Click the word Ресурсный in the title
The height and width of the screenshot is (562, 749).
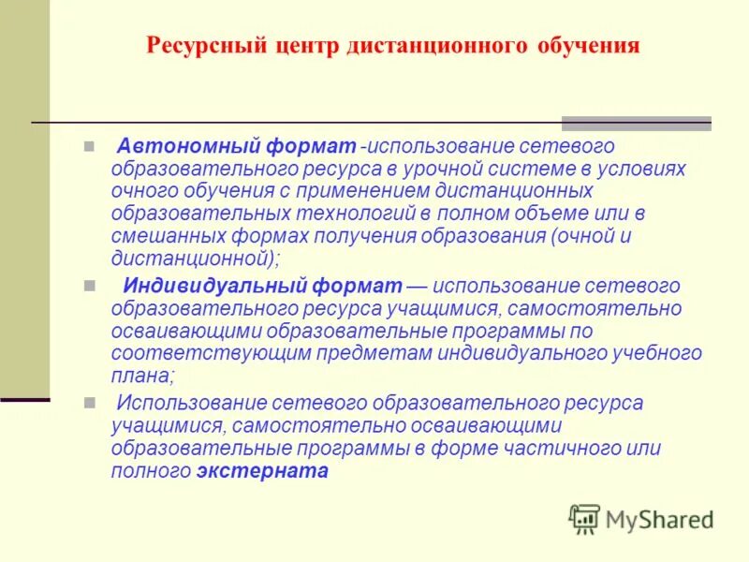pyautogui.click(x=198, y=46)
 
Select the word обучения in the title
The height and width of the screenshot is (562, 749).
pyautogui.click(x=591, y=46)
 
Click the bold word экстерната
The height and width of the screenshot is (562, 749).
pyautogui.click(x=262, y=471)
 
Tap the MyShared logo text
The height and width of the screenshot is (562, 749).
pyautogui.click(x=659, y=518)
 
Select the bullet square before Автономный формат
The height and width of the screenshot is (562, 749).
pyautogui.click(x=89, y=147)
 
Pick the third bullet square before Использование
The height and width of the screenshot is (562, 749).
pyautogui.click(x=89, y=404)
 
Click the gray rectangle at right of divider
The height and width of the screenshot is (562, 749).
pyautogui.click(x=636, y=123)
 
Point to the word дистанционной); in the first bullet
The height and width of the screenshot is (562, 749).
pyautogui.click(x=196, y=259)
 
